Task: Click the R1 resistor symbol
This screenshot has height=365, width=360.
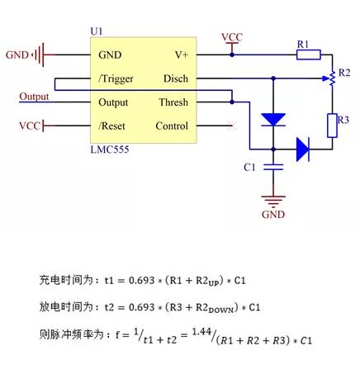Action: pyautogui.click(x=309, y=55)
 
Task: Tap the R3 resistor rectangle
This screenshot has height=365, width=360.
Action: pyautogui.click(x=332, y=126)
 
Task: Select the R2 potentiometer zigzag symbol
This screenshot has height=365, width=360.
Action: pyautogui.click(x=332, y=78)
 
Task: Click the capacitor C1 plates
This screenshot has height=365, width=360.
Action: pyautogui.click(x=273, y=167)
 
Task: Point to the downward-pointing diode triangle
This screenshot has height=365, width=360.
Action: pyautogui.click(x=273, y=120)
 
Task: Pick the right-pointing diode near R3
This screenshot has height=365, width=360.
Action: pyautogui.click(x=303, y=149)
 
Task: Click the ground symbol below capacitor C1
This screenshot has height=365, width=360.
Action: pyautogui.click(x=273, y=201)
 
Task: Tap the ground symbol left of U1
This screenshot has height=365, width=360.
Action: pyautogui.click(x=39, y=55)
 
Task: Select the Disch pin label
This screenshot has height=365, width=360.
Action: pyautogui.click(x=176, y=78)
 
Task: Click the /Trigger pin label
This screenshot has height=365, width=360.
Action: pyautogui.click(x=116, y=79)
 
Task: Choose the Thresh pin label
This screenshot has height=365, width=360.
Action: pyautogui.click(x=173, y=102)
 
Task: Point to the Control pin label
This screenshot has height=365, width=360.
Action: pyautogui.click(x=172, y=126)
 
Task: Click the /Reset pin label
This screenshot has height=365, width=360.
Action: pyautogui.click(x=111, y=126)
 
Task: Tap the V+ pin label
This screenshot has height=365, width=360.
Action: pyautogui.click(x=182, y=55)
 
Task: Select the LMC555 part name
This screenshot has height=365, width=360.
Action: pyautogui.click(x=110, y=149)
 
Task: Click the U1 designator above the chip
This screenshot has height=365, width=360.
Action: pyautogui.click(x=97, y=31)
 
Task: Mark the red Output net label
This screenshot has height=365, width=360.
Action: pyautogui.click(x=34, y=97)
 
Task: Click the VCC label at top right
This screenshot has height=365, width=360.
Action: pyautogui.click(x=232, y=37)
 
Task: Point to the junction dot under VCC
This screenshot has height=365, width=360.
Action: pyautogui.click(x=232, y=55)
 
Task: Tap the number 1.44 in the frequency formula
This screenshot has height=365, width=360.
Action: pyautogui.click(x=201, y=332)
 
